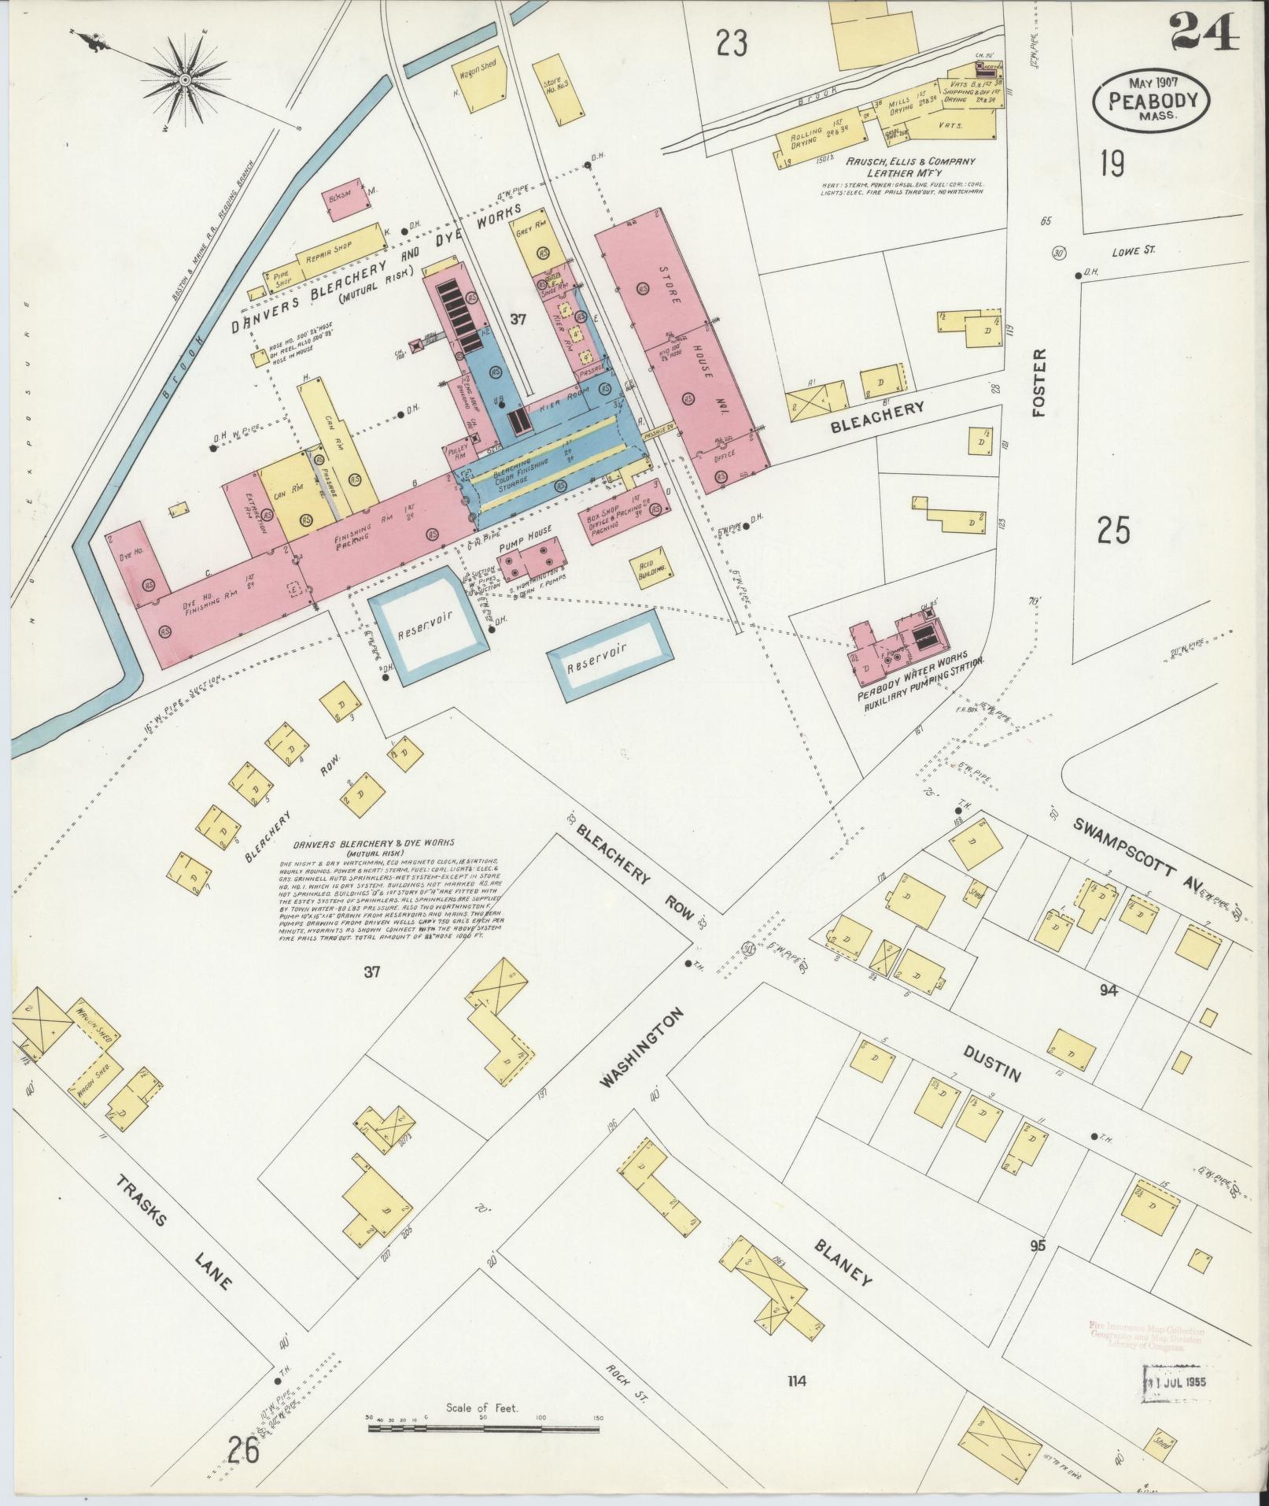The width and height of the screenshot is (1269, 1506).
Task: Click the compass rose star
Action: pos(184,80)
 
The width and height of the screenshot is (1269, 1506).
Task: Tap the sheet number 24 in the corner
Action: pos(1203,33)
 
